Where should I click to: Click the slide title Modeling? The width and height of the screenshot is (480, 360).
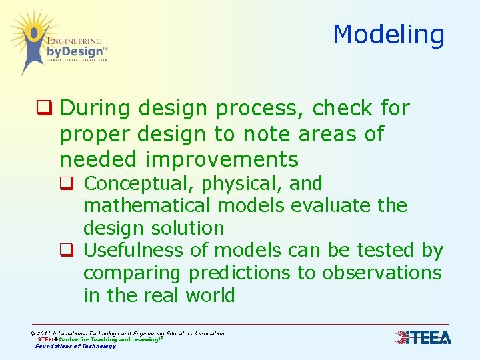(388, 35)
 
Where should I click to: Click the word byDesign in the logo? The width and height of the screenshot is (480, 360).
(75, 51)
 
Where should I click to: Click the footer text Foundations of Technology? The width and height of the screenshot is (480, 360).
(75, 346)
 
